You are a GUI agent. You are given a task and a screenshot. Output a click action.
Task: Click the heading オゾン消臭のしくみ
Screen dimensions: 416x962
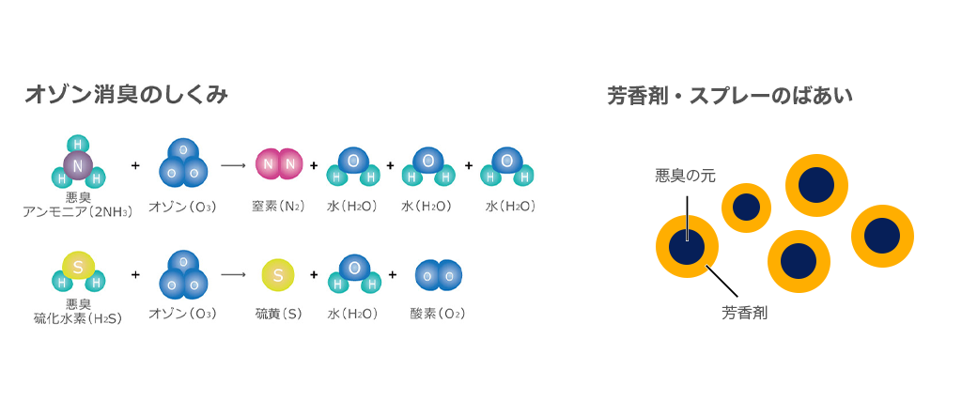(x=127, y=95)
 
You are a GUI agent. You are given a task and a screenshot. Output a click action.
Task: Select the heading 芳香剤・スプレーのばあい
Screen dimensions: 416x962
(x=730, y=95)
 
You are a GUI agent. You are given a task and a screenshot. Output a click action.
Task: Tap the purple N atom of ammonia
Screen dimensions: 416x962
(x=78, y=165)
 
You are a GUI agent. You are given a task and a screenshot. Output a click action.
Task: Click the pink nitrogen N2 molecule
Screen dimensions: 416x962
(x=279, y=164)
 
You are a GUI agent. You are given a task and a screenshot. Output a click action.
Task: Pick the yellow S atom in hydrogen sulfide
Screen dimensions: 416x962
(x=78, y=267)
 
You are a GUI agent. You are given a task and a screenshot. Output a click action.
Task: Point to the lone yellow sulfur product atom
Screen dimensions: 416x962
(x=278, y=275)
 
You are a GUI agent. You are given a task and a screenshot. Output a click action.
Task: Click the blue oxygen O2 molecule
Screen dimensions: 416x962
(x=438, y=275)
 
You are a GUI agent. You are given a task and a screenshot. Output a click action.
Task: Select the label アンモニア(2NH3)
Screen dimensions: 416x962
(x=78, y=211)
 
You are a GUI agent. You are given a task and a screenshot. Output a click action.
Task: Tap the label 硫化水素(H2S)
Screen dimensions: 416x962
(x=78, y=318)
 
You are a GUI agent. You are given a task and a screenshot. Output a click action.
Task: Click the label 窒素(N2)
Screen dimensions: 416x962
(x=278, y=207)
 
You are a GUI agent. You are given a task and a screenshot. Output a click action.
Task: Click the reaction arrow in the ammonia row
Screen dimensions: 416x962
(x=233, y=165)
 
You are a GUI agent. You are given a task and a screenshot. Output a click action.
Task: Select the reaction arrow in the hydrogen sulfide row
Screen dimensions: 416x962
(x=233, y=275)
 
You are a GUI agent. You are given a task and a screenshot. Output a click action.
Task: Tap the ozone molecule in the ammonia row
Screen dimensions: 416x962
(x=183, y=164)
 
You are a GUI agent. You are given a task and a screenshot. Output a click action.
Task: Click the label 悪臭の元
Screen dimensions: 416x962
(x=686, y=176)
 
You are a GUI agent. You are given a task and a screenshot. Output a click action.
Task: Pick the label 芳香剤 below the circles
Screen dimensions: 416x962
(x=745, y=313)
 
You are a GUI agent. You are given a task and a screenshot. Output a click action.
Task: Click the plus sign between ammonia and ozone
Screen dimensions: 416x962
(x=135, y=165)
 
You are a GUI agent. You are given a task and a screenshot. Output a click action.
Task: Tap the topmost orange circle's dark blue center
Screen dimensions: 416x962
(x=816, y=185)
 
